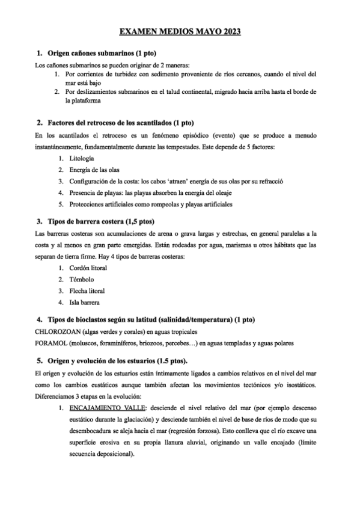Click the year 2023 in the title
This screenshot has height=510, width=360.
click(x=228, y=31)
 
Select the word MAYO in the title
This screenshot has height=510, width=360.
click(x=198, y=31)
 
